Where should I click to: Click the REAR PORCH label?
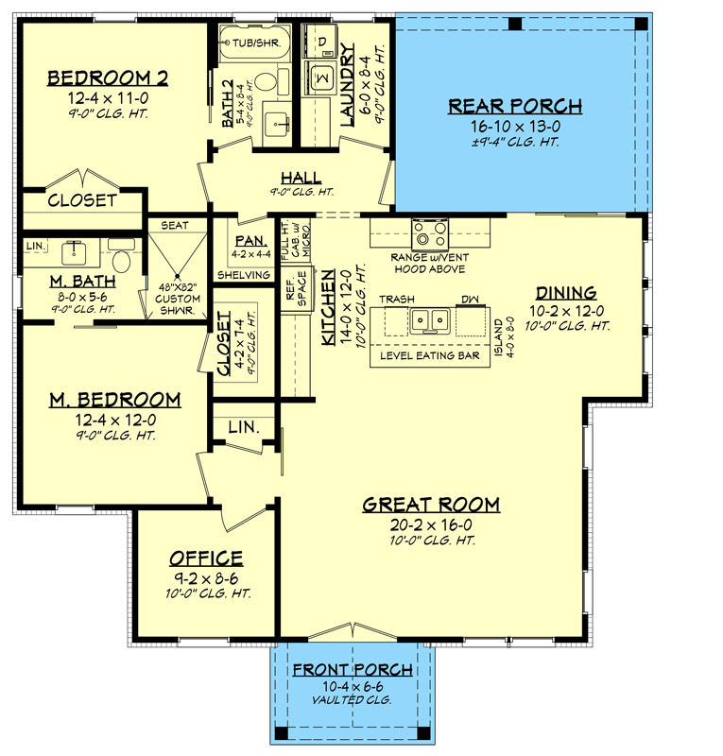[515, 106]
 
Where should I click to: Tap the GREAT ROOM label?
[431, 505]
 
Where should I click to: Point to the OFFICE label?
[205, 558]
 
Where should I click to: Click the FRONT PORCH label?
[353, 670]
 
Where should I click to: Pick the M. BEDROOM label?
[114, 399]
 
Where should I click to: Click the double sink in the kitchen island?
[430, 320]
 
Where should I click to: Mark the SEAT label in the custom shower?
[175, 225]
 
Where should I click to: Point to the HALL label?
[301, 178]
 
